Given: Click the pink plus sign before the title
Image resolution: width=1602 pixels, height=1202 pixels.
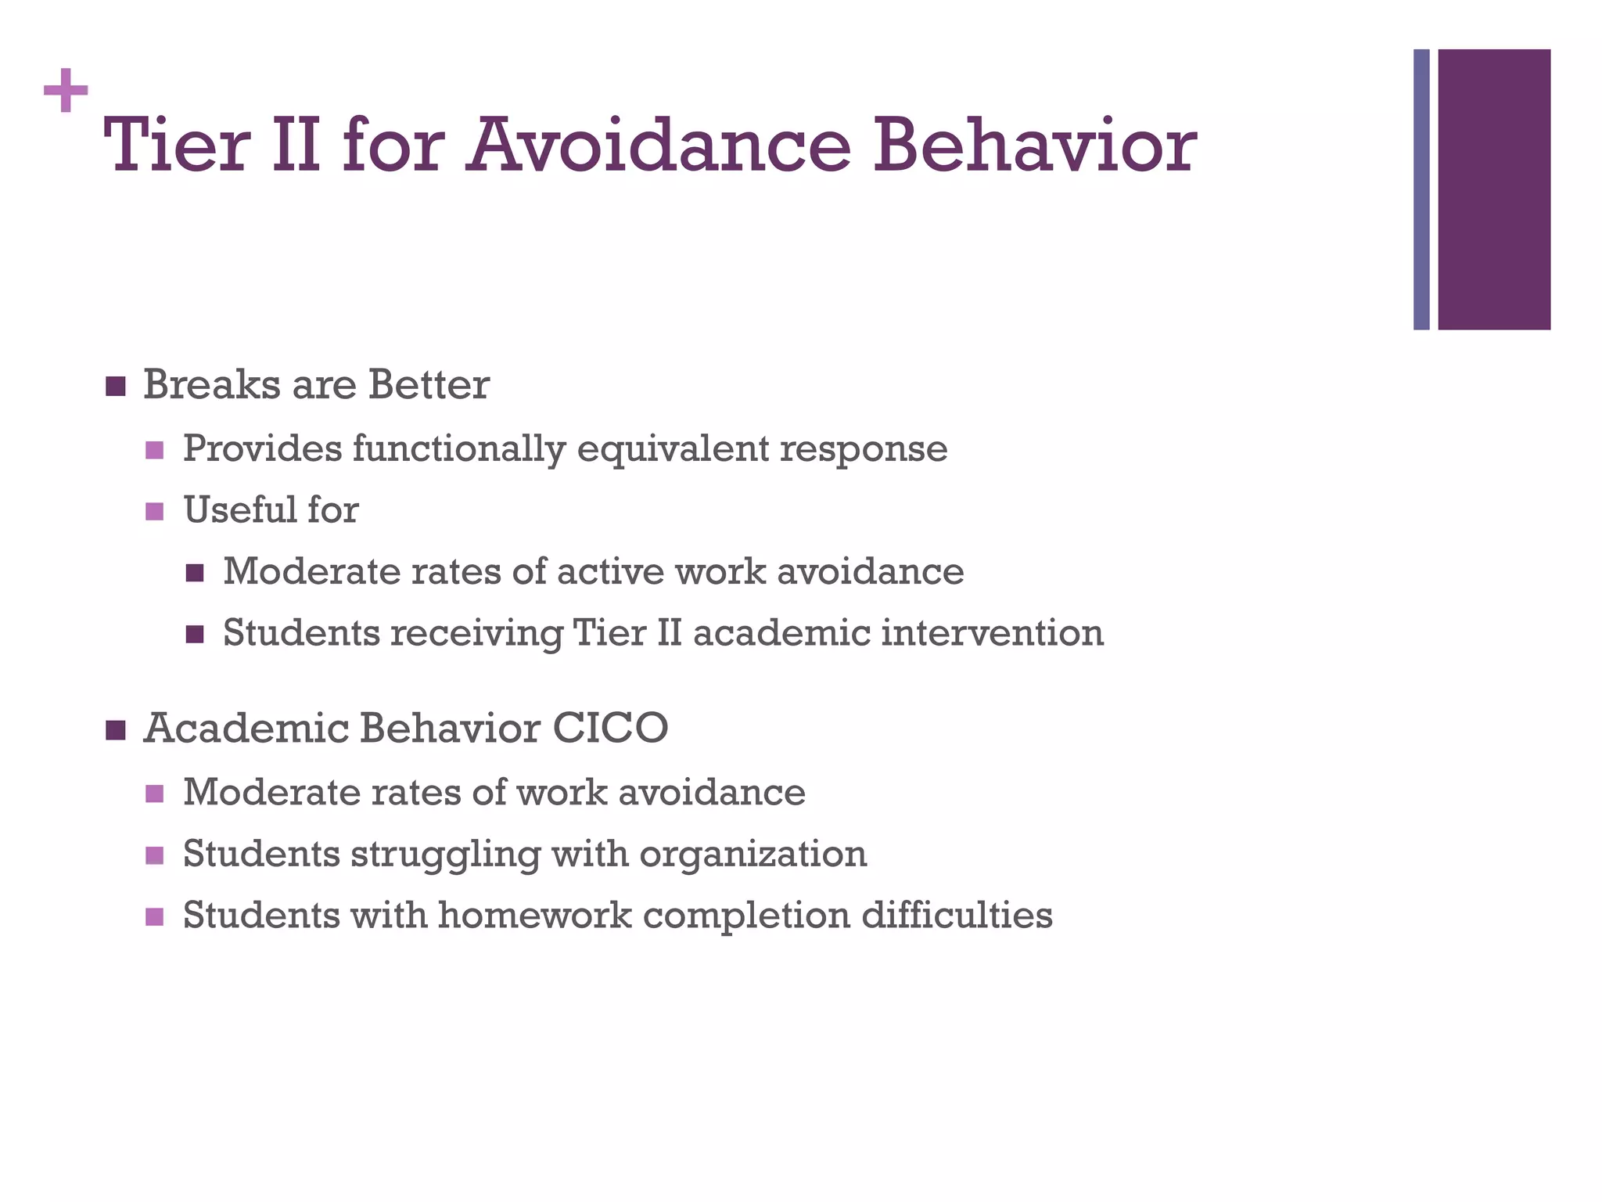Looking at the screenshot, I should click(x=66, y=91).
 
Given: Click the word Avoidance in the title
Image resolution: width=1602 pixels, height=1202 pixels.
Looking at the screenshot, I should click(x=658, y=146).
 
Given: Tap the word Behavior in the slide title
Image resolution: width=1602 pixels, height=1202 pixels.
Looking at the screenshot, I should click(x=1034, y=146).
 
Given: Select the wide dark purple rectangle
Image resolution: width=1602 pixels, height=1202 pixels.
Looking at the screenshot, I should click(x=1493, y=189).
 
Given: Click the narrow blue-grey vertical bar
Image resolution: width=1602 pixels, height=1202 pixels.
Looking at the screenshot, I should click(x=1421, y=189).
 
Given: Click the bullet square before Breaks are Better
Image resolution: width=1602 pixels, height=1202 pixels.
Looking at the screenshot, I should click(x=115, y=387).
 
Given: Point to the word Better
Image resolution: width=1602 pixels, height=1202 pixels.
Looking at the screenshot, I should click(x=429, y=385).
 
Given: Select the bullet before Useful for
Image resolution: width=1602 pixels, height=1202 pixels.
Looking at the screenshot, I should click(x=155, y=512).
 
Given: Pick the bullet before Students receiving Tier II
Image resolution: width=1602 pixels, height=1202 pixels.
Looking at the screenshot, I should click(x=195, y=634).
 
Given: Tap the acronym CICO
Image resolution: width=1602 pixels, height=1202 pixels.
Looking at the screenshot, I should click(x=610, y=728).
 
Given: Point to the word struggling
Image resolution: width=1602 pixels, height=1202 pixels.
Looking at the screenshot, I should click(x=445, y=855).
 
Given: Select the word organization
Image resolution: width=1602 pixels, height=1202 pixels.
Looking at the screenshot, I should click(x=753, y=855).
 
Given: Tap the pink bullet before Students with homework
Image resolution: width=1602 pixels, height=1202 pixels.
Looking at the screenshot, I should click(x=155, y=916).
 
